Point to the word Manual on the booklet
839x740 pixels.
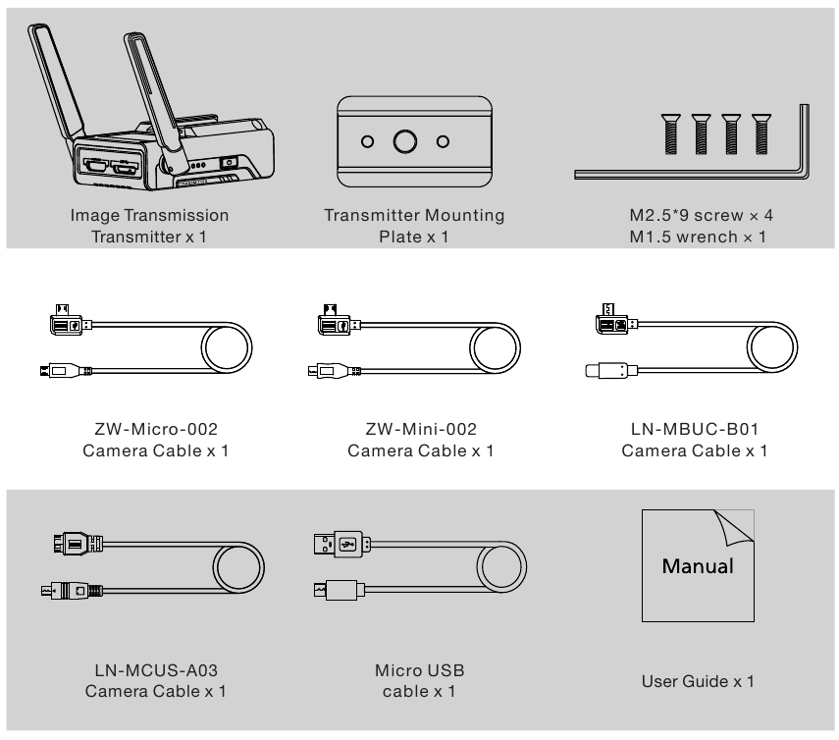(x=698, y=566)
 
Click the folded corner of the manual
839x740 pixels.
(x=737, y=527)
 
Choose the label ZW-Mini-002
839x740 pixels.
(x=420, y=430)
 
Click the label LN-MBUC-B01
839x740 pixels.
(x=694, y=430)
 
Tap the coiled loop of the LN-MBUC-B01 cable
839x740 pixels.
(x=777, y=347)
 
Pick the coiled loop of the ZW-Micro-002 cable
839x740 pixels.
(x=227, y=347)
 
